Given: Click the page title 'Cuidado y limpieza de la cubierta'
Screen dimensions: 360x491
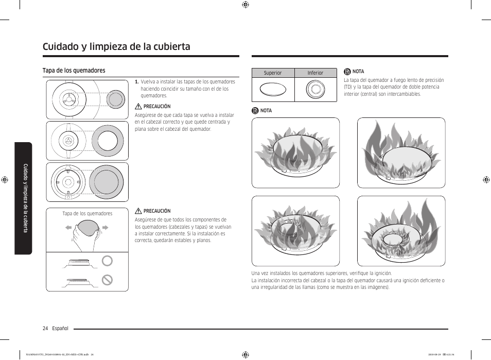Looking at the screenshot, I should (x=116, y=46).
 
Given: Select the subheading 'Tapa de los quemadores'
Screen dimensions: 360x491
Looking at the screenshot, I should (x=74, y=71).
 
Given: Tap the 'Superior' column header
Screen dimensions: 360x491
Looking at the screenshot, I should (x=273, y=73).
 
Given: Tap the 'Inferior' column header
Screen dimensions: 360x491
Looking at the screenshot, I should (x=315, y=73).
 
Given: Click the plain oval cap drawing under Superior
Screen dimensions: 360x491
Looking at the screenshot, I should (x=273, y=90).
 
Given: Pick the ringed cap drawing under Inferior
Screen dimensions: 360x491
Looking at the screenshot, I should (x=315, y=90).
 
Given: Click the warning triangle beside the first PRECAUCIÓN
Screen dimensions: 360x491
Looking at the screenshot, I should (x=138, y=107).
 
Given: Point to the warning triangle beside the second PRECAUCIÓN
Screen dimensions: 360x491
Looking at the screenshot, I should (x=138, y=211).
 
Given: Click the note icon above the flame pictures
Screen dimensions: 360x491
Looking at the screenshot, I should (x=255, y=111).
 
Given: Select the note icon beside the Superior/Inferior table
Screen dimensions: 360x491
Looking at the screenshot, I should (x=347, y=72).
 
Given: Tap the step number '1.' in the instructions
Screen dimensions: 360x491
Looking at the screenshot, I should (x=137, y=82).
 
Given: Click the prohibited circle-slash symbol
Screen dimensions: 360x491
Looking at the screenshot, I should (x=107, y=280).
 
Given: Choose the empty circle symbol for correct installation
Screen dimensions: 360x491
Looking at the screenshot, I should (x=107, y=261).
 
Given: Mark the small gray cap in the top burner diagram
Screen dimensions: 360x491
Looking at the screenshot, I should (x=115, y=99).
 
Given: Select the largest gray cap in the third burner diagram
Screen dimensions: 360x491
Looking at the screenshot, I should (x=107, y=182).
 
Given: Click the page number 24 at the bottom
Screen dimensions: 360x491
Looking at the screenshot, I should (x=46, y=329).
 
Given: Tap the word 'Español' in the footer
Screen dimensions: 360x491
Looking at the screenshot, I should (x=60, y=329).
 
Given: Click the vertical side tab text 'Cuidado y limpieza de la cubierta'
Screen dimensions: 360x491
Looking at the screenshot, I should (x=24, y=198).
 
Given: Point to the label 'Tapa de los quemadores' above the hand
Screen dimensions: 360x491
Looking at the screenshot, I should (x=87, y=213).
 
